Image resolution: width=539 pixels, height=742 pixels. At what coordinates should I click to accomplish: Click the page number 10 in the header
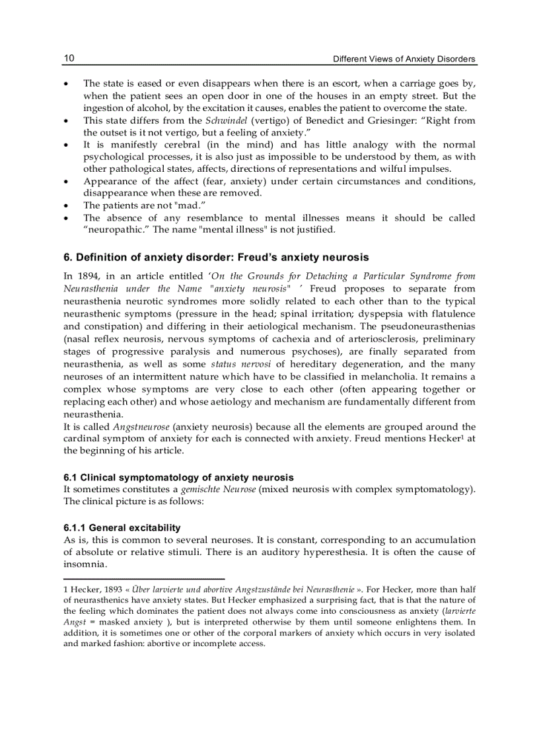pyautogui.click(x=69, y=58)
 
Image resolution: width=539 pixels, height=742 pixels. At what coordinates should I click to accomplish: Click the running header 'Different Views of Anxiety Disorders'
pyautogui.click(x=404, y=59)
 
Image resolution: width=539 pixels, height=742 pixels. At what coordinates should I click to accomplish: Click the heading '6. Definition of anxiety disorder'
pyautogui.click(x=216, y=257)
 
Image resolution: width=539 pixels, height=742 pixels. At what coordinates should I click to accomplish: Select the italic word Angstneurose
pyautogui.click(x=141, y=427)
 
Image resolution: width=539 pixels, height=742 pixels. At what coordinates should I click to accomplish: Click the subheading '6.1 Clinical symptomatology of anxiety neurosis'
pyautogui.click(x=178, y=477)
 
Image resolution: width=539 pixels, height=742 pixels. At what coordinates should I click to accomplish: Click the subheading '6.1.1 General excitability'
pyautogui.click(x=122, y=527)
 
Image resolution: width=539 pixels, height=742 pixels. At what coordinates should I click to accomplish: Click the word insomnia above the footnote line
pyautogui.click(x=85, y=565)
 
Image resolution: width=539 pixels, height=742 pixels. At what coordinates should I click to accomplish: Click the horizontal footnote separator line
pyautogui.click(x=144, y=579)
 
